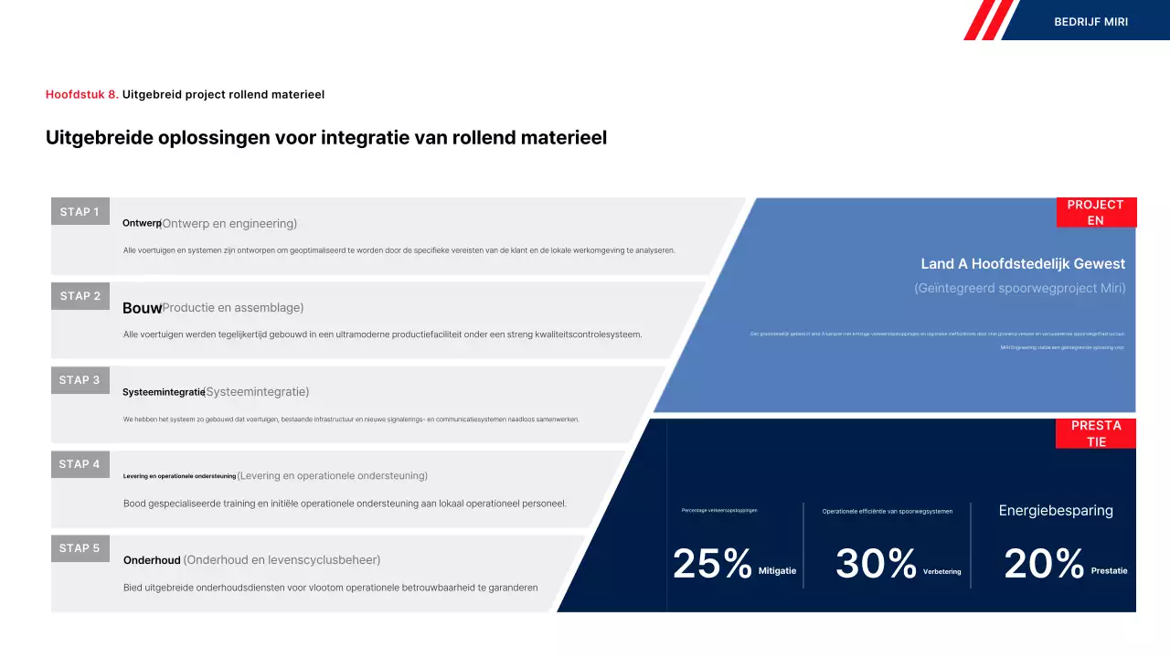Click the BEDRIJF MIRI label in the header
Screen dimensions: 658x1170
[x=1090, y=21]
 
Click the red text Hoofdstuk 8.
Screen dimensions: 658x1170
[x=81, y=94]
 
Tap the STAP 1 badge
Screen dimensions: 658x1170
[x=80, y=212]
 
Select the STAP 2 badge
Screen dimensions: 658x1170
[x=80, y=296]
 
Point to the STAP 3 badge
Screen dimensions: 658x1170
[x=80, y=380]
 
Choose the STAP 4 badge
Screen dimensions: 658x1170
[x=80, y=464]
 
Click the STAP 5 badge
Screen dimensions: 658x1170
[x=80, y=548]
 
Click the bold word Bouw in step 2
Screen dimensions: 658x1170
[x=142, y=308]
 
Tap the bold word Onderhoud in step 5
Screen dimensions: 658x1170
[x=152, y=560]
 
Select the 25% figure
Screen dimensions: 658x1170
[x=712, y=564]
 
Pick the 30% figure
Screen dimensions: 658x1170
[x=876, y=564]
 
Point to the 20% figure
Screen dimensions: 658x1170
[x=1044, y=564]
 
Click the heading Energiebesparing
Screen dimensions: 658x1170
[x=1056, y=511]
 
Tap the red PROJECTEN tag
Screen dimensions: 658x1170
[x=1096, y=212]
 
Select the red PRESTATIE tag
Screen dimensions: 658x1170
[x=1096, y=433]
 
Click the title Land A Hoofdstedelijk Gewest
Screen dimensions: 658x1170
[x=1023, y=264]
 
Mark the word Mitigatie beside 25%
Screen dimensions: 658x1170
[x=777, y=571]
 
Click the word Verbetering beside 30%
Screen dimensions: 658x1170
[x=941, y=572]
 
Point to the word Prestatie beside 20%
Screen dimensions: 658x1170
[x=1109, y=571]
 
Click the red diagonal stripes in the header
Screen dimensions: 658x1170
[x=989, y=20]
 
